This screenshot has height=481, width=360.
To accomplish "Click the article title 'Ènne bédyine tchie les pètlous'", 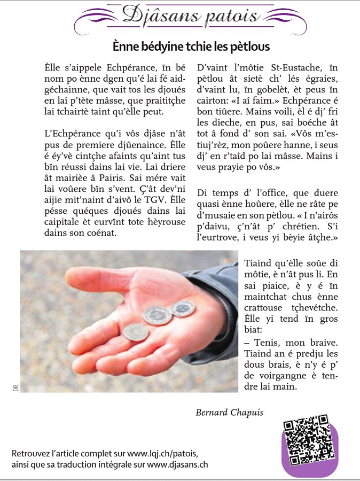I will click(x=191, y=47).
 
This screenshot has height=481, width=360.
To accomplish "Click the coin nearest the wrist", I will click(x=183, y=308).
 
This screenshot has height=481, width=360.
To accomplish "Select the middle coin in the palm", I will click(x=158, y=315).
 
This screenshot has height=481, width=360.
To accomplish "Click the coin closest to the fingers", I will click(x=135, y=333).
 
